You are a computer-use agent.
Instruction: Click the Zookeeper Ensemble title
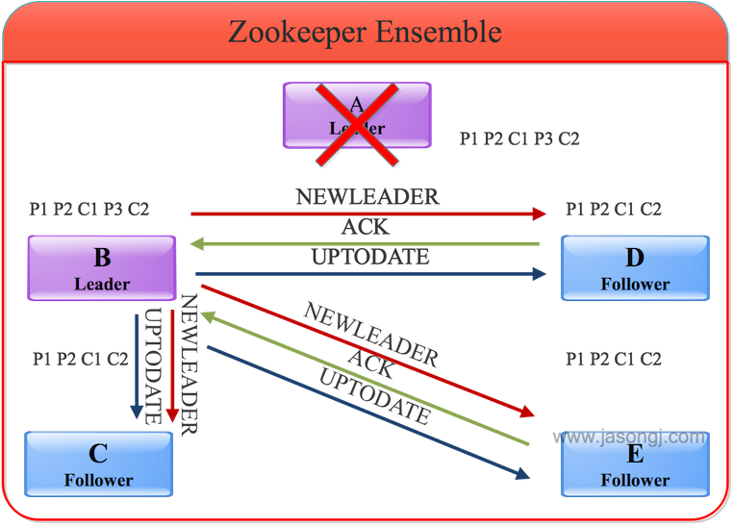(x=365, y=31)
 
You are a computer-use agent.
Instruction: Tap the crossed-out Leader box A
(x=356, y=114)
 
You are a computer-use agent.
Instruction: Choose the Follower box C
(x=99, y=464)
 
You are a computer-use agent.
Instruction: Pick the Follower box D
(x=635, y=268)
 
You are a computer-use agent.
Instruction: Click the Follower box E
(x=635, y=465)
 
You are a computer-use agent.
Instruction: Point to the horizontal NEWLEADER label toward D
(x=367, y=196)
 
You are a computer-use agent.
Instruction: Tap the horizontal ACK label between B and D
(x=366, y=228)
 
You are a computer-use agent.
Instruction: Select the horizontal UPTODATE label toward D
(x=369, y=258)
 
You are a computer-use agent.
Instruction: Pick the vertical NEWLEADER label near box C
(x=189, y=365)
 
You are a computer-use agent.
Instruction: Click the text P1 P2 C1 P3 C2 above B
(x=89, y=209)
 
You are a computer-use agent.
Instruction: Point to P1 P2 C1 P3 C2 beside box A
(x=519, y=139)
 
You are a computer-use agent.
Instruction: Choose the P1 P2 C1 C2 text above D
(x=614, y=209)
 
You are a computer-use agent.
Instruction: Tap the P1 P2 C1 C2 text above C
(x=80, y=360)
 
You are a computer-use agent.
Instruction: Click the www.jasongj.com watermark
(x=633, y=438)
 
